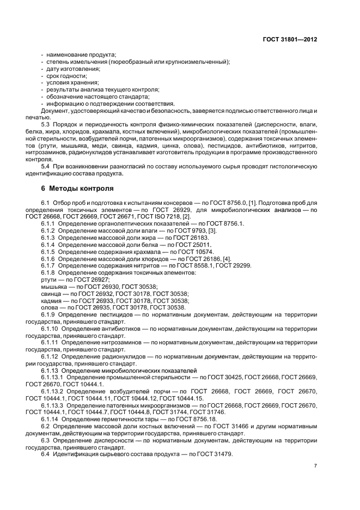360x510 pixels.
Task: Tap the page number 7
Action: point(315,465)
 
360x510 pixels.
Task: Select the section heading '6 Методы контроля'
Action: point(77,189)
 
